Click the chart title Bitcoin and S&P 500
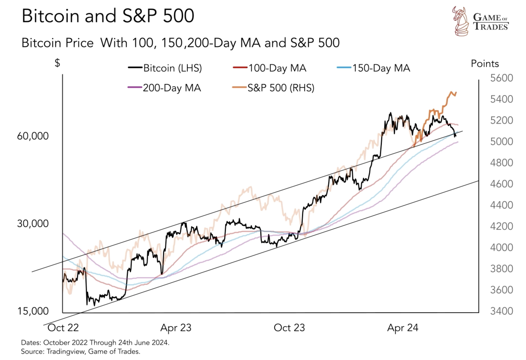[x=108, y=16]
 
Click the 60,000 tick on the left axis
[x=33, y=136]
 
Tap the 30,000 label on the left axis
[x=33, y=224]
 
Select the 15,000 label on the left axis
[x=33, y=311]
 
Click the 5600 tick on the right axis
[x=501, y=78]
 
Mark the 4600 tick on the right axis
[x=501, y=184]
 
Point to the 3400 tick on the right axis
[x=501, y=311]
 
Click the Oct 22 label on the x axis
[x=63, y=328]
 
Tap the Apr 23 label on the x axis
[x=176, y=328]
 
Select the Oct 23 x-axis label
[x=289, y=328]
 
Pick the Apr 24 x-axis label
[x=402, y=328]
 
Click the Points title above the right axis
[x=485, y=64]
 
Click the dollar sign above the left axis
[x=57, y=63]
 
